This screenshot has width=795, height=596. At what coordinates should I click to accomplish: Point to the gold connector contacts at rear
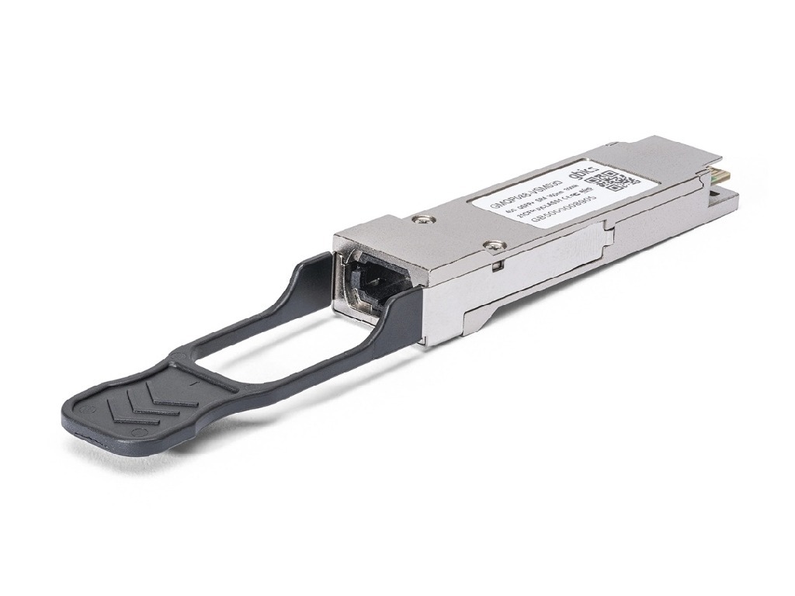click(717, 180)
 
